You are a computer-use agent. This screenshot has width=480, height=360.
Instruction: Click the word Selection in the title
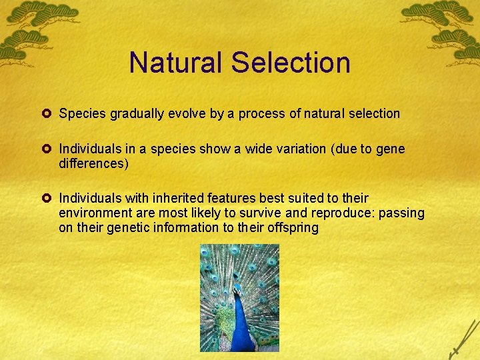pos(290,62)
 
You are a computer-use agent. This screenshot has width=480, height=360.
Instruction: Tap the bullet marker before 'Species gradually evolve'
pos(49,113)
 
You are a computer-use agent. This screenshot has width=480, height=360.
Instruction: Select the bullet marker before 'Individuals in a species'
pos(49,148)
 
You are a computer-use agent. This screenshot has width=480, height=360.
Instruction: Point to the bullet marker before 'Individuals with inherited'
pos(49,198)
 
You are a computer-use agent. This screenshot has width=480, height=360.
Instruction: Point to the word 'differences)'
pos(93,163)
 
